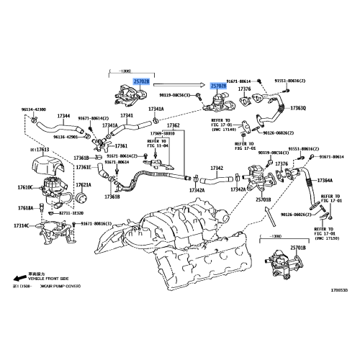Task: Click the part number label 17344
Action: click(64, 116)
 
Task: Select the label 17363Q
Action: click(297, 108)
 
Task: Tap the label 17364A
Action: click(324, 180)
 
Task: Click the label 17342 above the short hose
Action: click(217, 168)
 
